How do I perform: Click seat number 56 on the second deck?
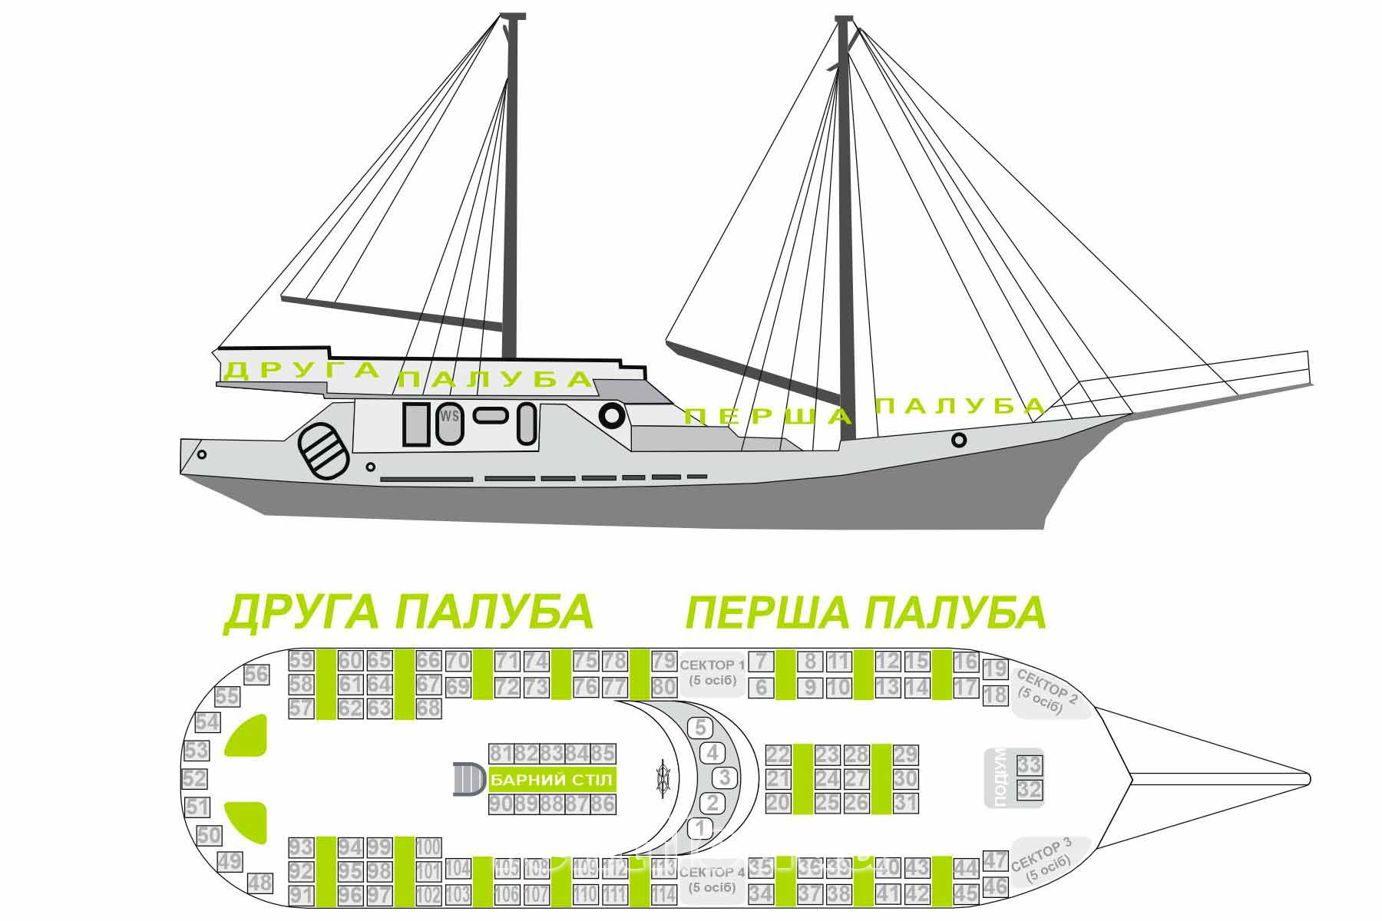tap(256, 675)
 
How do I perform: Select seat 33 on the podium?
tap(1030, 764)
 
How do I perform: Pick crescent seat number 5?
tap(699, 727)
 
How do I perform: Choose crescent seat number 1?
tap(699, 828)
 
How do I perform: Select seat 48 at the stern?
tap(260, 883)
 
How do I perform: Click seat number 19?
tap(995, 668)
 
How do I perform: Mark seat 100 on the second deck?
tap(428, 847)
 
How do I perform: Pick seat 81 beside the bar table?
tap(501, 754)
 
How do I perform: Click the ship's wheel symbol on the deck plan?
tap(663, 778)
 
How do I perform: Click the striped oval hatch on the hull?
tap(322, 451)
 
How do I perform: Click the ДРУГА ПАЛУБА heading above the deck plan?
tap(408, 612)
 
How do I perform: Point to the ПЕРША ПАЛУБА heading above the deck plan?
tap(865, 612)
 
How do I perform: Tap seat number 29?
tap(906, 755)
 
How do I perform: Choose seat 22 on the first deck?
tap(778, 755)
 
